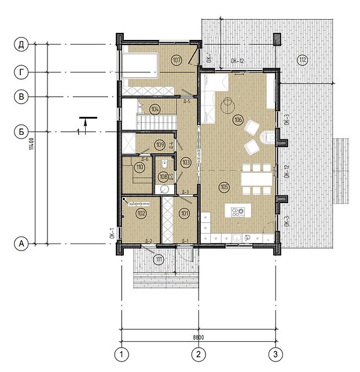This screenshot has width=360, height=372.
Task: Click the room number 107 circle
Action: click(x=177, y=60)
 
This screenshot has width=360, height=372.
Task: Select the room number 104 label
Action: click(x=155, y=108)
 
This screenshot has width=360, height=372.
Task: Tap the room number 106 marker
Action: click(x=238, y=120)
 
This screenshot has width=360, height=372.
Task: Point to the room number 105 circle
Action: click(x=225, y=186)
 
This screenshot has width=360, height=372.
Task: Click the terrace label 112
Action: click(x=302, y=59)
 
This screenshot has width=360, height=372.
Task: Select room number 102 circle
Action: click(x=141, y=213)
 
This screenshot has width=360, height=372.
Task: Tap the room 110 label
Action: click(x=139, y=168)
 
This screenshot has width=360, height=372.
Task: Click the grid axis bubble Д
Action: click(x=21, y=44)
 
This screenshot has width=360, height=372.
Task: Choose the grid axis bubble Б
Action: click(x=21, y=132)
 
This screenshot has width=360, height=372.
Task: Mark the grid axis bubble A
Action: click(x=21, y=244)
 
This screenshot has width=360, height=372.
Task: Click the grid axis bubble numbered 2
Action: click(x=199, y=353)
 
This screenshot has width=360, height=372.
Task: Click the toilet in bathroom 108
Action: click(x=165, y=164)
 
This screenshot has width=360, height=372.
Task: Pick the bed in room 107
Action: click(x=139, y=68)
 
